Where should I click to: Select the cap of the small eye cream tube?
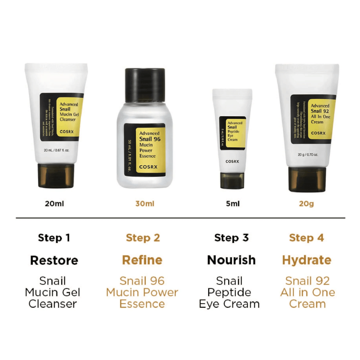232,180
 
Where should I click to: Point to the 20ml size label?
55,204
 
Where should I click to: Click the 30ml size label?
145,204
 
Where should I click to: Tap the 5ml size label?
232,204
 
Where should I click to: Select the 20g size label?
306,204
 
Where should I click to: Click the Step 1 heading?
54,238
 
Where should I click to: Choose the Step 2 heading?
143,238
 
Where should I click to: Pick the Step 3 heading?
231,238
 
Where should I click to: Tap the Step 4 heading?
306,238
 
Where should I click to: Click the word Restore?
54,260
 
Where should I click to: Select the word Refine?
142,260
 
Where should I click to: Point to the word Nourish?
231,260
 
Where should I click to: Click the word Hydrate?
307,260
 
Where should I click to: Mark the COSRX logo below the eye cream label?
232,162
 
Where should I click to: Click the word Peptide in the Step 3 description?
229,292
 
